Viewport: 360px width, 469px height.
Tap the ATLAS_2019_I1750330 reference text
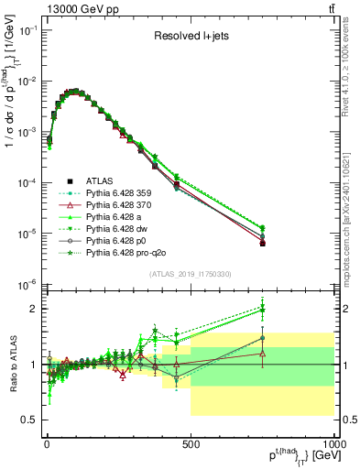[191, 274]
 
